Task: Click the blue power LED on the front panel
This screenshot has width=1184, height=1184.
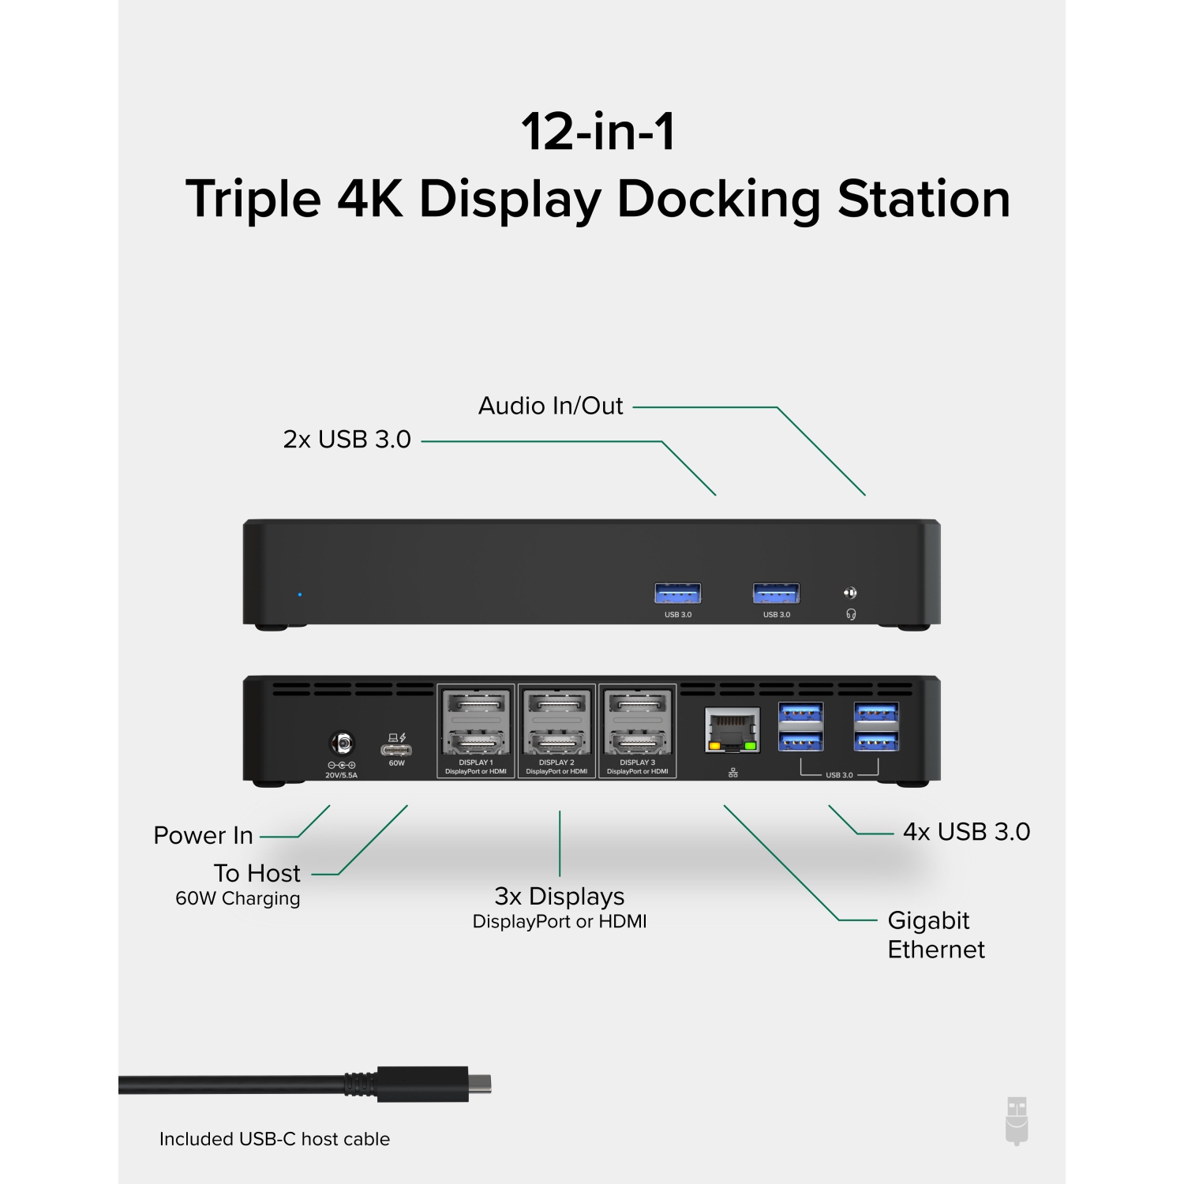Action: click(300, 594)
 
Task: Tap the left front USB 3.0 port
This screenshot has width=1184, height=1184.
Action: click(677, 593)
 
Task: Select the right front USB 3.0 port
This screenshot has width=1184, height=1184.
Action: click(776, 593)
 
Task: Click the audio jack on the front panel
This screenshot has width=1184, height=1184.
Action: click(850, 593)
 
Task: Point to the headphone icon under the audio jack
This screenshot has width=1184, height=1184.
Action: click(851, 614)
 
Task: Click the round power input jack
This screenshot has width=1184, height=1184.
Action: click(342, 744)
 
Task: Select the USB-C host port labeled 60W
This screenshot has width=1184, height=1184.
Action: click(396, 749)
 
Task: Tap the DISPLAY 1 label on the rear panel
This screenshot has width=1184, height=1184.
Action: click(475, 762)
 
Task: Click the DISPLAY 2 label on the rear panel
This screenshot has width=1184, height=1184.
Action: click(556, 762)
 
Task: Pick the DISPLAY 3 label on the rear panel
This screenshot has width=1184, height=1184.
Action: click(637, 762)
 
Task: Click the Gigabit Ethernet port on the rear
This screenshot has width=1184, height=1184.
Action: click(732, 730)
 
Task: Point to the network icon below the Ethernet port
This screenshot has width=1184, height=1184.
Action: click(733, 773)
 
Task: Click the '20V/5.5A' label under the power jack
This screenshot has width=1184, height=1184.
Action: click(342, 775)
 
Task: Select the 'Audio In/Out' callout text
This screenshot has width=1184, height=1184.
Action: click(550, 406)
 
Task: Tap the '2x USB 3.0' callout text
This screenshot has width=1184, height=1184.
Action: click(347, 440)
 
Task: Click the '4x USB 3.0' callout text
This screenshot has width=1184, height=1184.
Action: click(966, 832)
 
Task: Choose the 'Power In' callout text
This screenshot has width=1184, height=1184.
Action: click(203, 835)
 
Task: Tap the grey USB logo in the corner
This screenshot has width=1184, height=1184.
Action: click(1017, 1121)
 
